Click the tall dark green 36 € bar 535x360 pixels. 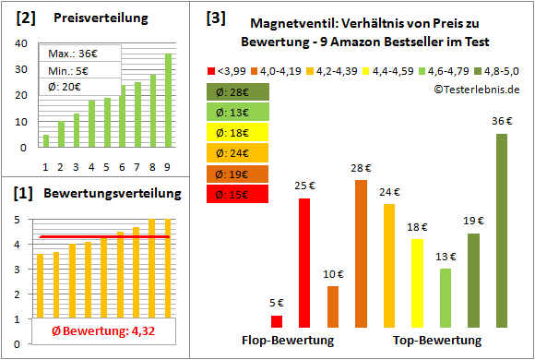coord(502,231)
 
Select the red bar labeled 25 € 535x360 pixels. coord(304,263)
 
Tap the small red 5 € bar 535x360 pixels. coord(277,321)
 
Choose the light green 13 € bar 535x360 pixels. coord(446,297)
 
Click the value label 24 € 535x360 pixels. coord(389,192)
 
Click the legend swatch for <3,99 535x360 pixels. coord(212,69)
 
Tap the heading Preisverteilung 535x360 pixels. coord(91,18)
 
